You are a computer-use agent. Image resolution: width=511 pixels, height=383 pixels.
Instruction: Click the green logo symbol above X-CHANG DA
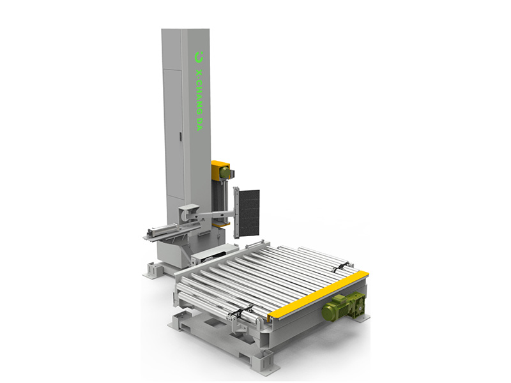coord(199,57)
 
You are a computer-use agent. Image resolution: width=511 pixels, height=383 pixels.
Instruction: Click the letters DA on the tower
coord(199,124)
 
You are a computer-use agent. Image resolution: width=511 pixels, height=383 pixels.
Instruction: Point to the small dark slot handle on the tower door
coord(179,136)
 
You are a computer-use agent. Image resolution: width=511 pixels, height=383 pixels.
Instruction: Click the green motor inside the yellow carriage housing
coord(225,172)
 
